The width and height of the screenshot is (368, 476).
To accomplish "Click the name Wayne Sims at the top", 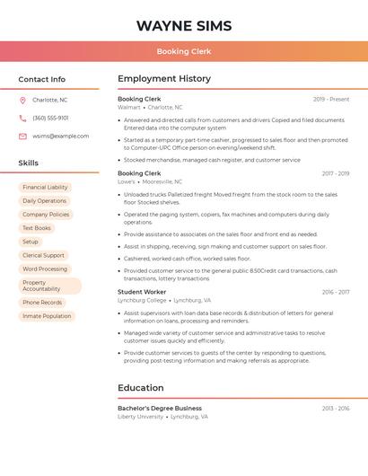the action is (184, 25).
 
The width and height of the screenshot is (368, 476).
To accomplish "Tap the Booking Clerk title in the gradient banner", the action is (184, 51).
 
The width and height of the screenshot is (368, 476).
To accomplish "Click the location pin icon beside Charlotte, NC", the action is (22, 100).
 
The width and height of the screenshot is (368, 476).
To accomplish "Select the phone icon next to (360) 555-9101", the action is (22, 118).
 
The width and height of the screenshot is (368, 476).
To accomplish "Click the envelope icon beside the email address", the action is (22, 137).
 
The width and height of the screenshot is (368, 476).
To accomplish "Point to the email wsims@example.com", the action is (60, 137).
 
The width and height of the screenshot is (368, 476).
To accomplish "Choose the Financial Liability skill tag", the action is (45, 188).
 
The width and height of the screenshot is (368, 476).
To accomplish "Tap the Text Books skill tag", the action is (36, 228).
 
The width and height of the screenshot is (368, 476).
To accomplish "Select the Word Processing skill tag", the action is (45, 269).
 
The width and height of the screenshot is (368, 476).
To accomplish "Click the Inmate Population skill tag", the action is (47, 316).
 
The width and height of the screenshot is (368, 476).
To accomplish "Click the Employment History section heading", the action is (164, 79).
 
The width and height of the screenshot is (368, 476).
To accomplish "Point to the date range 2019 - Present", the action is (331, 99).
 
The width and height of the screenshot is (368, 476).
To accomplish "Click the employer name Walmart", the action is (129, 107).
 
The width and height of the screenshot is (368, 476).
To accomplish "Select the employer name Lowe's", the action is (127, 181).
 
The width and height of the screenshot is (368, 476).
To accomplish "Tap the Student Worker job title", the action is (142, 292).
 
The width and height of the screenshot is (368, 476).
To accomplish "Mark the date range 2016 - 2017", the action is (336, 292).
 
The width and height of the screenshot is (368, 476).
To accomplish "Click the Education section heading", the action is (141, 388).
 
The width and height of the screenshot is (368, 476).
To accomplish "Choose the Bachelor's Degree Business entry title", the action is (160, 408).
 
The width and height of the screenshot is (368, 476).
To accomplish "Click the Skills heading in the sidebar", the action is (29, 163).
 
